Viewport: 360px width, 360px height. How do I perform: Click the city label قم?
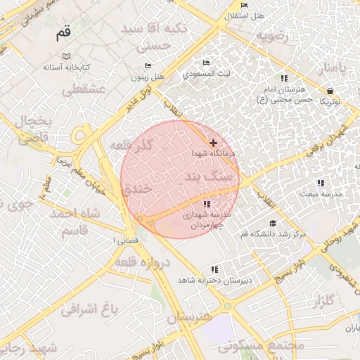pyautogui.click(x=64, y=33)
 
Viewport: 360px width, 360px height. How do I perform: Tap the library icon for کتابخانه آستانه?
pyautogui.click(x=66, y=56)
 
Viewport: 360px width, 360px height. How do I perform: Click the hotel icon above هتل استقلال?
pyautogui.click(x=244, y=6)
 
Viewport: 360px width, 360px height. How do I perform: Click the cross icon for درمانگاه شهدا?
pyautogui.click(x=213, y=143)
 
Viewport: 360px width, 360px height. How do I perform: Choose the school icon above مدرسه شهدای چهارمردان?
pyautogui.click(x=206, y=204)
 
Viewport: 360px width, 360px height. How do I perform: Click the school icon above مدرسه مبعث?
pyautogui.click(x=321, y=183)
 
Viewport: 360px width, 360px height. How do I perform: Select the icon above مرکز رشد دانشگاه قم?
pyautogui.click(x=273, y=223)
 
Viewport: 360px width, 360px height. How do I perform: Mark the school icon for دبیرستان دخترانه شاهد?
pyautogui.click(x=214, y=269)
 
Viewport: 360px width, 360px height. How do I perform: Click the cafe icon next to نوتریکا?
pyautogui.click(x=330, y=91)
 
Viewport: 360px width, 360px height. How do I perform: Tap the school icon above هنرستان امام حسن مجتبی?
pyautogui.click(x=284, y=79)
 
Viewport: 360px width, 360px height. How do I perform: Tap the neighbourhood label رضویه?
pyautogui.click(x=272, y=35)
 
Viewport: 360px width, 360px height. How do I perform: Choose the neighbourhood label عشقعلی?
pyautogui.click(x=84, y=89)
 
